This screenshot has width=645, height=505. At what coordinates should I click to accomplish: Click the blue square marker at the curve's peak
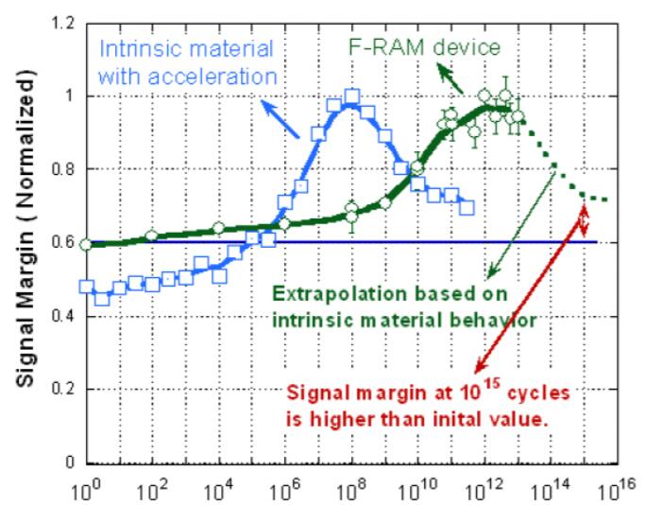point(352,96)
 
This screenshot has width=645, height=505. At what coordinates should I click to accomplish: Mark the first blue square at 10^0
point(87,287)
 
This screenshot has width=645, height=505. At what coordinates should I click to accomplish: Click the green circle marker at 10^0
point(87,244)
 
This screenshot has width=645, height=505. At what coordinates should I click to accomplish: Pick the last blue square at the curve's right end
point(467,207)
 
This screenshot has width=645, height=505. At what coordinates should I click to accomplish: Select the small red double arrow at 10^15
point(584,222)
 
